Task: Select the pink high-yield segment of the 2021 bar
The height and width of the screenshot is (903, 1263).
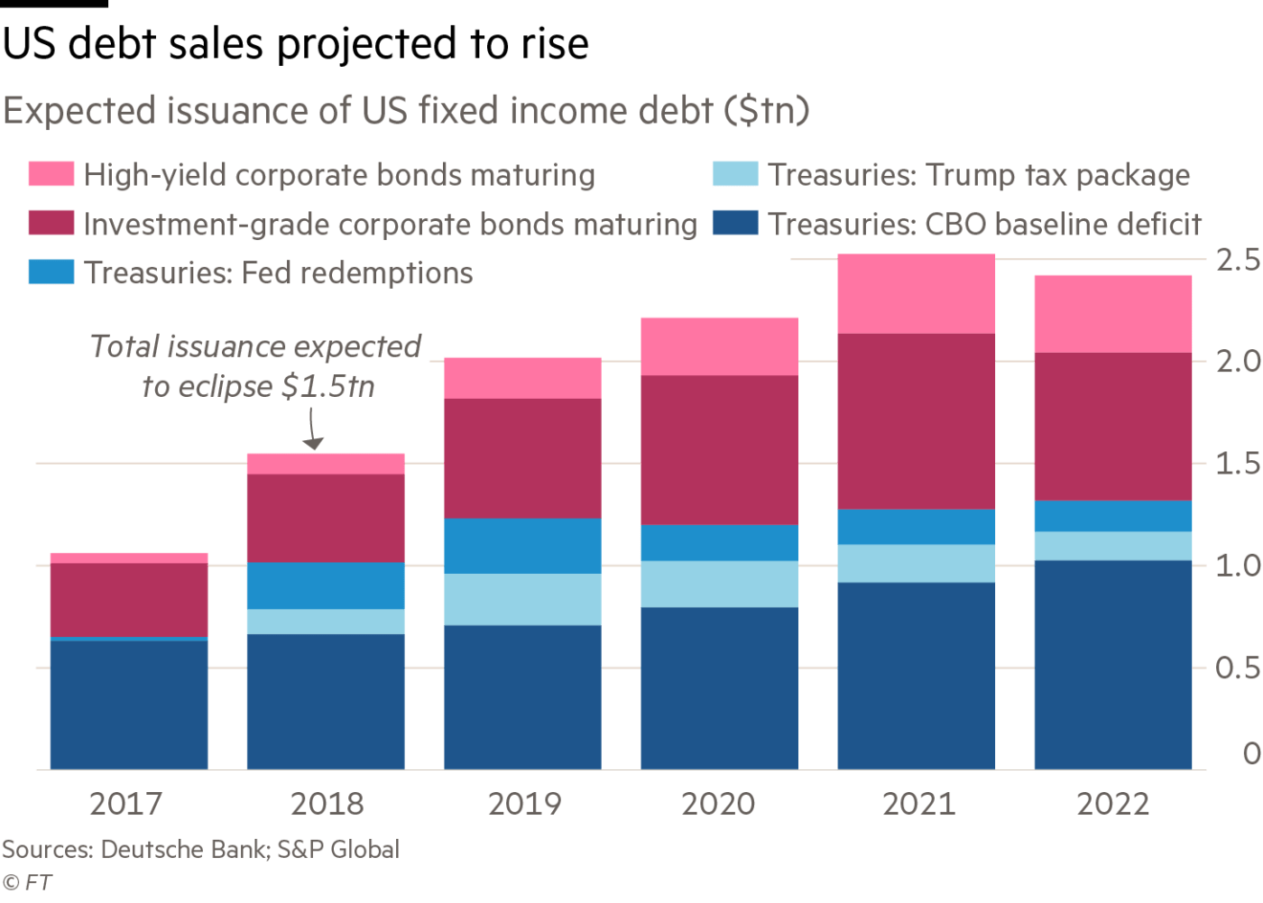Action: (916, 294)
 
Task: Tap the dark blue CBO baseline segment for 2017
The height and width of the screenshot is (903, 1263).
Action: (129, 705)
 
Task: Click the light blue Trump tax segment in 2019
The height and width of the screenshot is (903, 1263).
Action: (522, 599)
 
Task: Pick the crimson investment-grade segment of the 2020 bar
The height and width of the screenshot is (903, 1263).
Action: (719, 449)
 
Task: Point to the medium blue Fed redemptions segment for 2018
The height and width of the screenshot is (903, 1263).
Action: (326, 585)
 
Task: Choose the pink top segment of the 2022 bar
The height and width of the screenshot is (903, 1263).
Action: (1112, 313)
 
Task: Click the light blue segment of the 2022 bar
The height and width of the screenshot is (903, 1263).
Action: (1112, 546)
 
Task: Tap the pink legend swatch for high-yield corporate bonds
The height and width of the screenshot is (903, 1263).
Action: (51, 174)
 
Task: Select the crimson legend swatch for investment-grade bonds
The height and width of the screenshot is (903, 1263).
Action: (51, 223)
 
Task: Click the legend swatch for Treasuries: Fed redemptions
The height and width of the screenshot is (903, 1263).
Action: (51, 272)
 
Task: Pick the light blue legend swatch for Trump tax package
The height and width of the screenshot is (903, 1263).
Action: (734, 174)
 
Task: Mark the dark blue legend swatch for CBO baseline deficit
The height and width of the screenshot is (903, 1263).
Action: (734, 223)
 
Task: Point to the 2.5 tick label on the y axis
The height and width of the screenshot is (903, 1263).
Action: (1239, 261)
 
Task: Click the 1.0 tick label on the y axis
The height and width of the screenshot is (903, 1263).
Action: (1239, 566)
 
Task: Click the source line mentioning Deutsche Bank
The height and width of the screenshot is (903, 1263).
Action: (199, 850)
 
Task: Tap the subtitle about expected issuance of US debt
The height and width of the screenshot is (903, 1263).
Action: (406, 111)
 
